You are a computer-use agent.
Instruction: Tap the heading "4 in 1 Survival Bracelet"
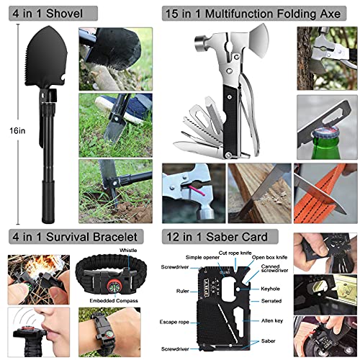68,237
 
